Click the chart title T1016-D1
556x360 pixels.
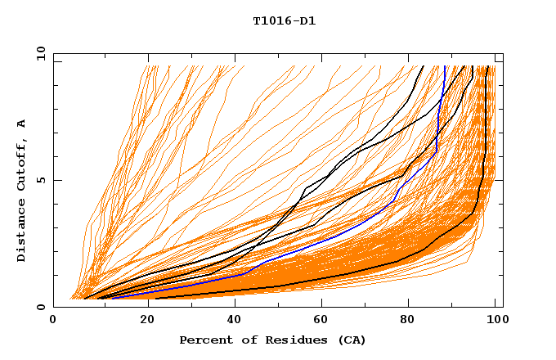[x=284, y=21]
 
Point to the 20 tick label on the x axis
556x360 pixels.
[x=142, y=321]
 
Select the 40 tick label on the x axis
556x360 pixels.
[x=231, y=321]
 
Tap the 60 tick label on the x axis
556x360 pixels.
[x=320, y=321]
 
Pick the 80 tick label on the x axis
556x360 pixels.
[x=408, y=321]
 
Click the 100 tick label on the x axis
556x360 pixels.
[x=496, y=321]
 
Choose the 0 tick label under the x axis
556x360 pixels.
[x=54, y=321]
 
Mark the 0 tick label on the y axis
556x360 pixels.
[x=40, y=308]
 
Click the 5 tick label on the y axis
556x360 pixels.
[x=40, y=180]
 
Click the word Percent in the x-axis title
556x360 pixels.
[x=203, y=340]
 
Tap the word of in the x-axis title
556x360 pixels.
[x=244, y=340]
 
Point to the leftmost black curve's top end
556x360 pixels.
[x=423, y=66]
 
